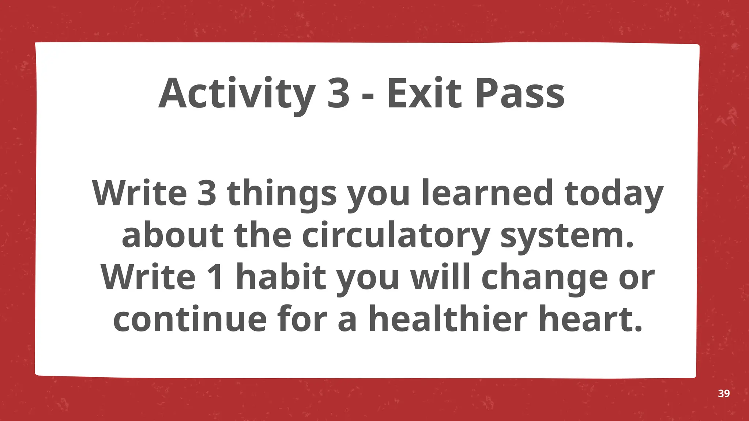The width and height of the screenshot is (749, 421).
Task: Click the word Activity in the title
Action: [237, 94]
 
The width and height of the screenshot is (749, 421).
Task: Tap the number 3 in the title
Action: [338, 94]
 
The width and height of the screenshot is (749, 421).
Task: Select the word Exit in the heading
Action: [424, 94]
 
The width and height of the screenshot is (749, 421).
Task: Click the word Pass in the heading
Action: [520, 94]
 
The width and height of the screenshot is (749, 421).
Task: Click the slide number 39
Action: [724, 394]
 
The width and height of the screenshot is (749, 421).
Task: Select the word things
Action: [282, 194]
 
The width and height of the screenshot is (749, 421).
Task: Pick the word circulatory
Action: [396, 236]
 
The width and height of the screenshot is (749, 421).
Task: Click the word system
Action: [567, 236]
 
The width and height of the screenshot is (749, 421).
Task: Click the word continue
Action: [190, 319]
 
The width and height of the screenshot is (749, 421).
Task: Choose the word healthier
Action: [448, 319]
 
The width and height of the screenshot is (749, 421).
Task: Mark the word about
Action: [172, 236]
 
